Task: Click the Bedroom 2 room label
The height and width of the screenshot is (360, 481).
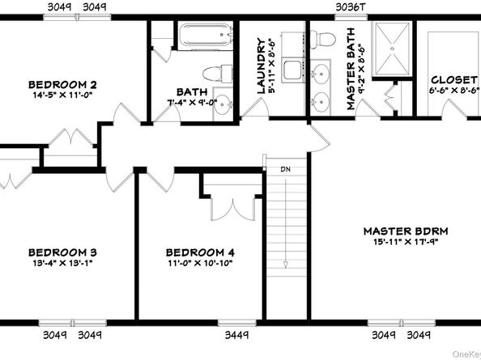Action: [62, 84]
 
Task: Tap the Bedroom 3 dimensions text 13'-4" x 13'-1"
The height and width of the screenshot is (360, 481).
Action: [62, 263]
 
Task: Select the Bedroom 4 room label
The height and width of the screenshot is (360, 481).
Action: [200, 252]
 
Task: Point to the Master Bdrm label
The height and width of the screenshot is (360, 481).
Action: [406, 231]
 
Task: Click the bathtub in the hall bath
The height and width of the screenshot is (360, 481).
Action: [206, 35]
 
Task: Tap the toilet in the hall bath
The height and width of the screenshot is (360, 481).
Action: [218, 74]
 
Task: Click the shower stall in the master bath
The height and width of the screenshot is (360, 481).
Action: [392, 49]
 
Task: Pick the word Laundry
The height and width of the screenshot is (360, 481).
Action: [261, 66]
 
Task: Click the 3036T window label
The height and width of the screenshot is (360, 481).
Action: [351, 7]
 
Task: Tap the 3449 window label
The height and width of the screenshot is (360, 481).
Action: [236, 335]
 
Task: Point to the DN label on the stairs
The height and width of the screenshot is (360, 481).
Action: [286, 169]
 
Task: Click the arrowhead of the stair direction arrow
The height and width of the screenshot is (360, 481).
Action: [286, 265]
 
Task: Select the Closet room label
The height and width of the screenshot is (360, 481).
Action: [454, 80]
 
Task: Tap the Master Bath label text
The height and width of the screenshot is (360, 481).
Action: [351, 69]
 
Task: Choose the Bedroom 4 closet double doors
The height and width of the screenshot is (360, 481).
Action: [233, 209]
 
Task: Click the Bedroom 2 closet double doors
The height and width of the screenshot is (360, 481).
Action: [71, 137]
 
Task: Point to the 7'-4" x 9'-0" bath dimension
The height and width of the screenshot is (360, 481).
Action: [192, 102]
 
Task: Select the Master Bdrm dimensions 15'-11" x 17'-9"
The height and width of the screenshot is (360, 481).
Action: [406, 242]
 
